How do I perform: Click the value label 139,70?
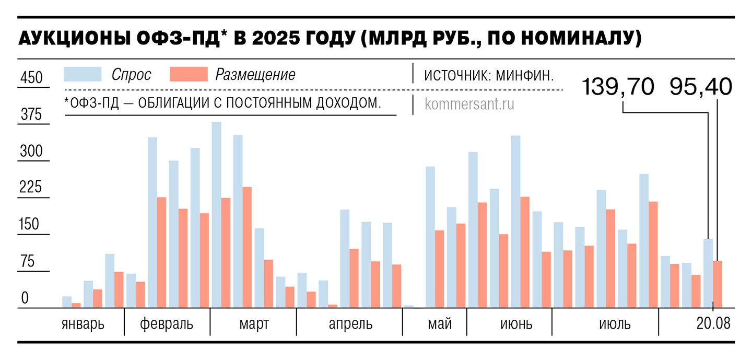click(x=618, y=87)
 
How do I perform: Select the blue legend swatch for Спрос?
click(x=83, y=74)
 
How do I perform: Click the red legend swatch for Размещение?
click(x=189, y=74)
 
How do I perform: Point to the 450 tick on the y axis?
click(x=31, y=78)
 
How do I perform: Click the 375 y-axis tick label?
click(x=31, y=115)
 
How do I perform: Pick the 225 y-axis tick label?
click(x=31, y=189)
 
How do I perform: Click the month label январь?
click(x=83, y=324)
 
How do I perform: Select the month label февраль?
click(x=167, y=324)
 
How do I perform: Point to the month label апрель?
click(x=350, y=324)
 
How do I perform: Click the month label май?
click(x=440, y=324)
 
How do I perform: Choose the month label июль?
click(x=615, y=324)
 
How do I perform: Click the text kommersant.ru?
click(x=469, y=104)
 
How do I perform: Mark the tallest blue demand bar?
click(x=216, y=215)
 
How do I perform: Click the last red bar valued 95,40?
click(x=718, y=285)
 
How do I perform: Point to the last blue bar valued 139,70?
click(x=708, y=274)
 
